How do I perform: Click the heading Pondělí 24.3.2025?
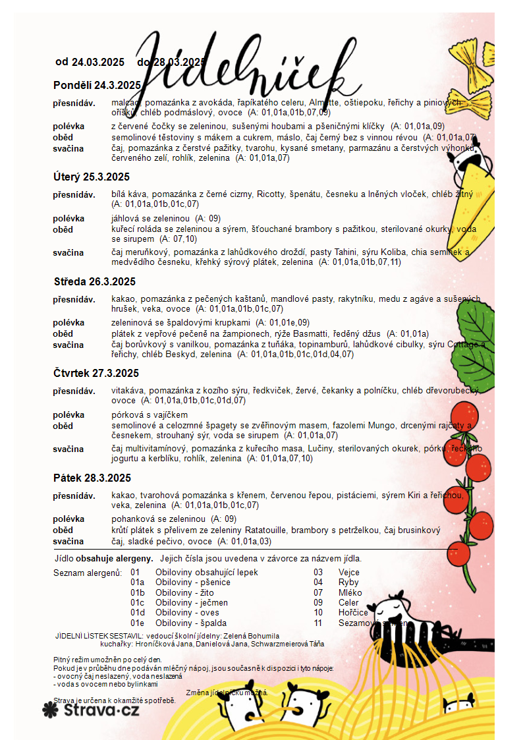(x=97, y=85)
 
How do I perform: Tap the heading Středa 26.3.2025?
(x=94, y=281)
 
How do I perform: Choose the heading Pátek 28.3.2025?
(x=92, y=478)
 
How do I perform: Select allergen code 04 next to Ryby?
(x=318, y=583)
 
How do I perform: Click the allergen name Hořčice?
(x=352, y=612)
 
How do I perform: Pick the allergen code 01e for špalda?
(x=137, y=623)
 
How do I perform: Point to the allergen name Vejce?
(x=349, y=573)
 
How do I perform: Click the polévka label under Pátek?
(x=69, y=519)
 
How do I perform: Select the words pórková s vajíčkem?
(x=150, y=414)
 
